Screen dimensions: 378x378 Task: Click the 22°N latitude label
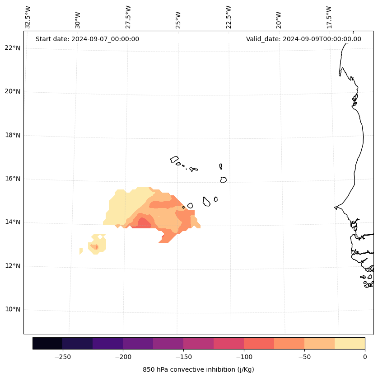tap(13, 48)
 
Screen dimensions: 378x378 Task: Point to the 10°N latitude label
tap(13, 310)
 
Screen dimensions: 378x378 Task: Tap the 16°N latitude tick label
tap(13, 179)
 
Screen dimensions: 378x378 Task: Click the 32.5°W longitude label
tap(28, 17)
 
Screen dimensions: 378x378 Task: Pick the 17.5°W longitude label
tap(329, 17)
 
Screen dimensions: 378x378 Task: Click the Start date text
tap(87, 39)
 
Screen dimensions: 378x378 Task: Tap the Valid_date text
tap(303, 39)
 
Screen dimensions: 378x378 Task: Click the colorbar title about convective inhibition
tap(198, 369)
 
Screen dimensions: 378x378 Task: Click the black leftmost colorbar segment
tap(47, 343)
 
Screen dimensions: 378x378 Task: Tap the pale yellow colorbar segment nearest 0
tap(350, 343)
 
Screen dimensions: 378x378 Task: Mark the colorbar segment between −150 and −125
tap(198, 343)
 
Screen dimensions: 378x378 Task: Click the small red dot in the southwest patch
tap(96, 247)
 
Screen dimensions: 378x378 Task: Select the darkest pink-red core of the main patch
tap(144, 222)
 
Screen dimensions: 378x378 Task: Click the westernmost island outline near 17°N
tap(174, 159)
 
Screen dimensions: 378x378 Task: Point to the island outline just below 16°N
tap(223, 180)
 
